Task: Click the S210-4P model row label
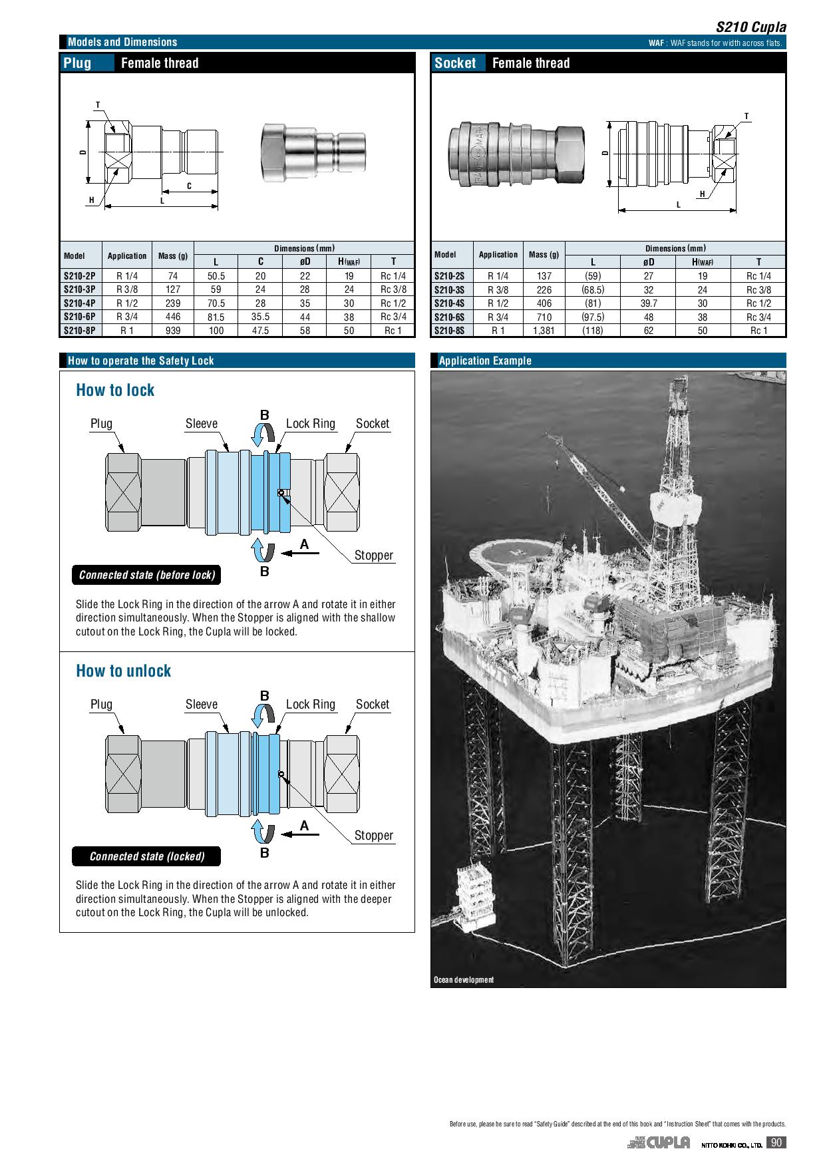[x=80, y=303]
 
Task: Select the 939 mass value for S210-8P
[x=172, y=331]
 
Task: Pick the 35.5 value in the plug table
[x=260, y=317]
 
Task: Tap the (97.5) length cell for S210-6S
[x=593, y=317]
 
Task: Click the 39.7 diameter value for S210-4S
[x=649, y=303]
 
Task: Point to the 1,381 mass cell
[x=544, y=331]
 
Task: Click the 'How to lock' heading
[x=115, y=391]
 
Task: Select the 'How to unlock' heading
[x=123, y=671]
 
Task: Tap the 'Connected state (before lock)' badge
[x=146, y=576]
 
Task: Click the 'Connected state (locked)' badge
[x=146, y=856]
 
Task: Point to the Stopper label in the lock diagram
[x=373, y=556]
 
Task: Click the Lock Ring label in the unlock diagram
[x=310, y=705]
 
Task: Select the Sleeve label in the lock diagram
[x=201, y=424]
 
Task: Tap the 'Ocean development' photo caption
[x=464, y=980]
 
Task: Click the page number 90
[x=776, y=1143]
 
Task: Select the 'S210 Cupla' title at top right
[x=750, y=27]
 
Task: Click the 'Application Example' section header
[x=485, y=361]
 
